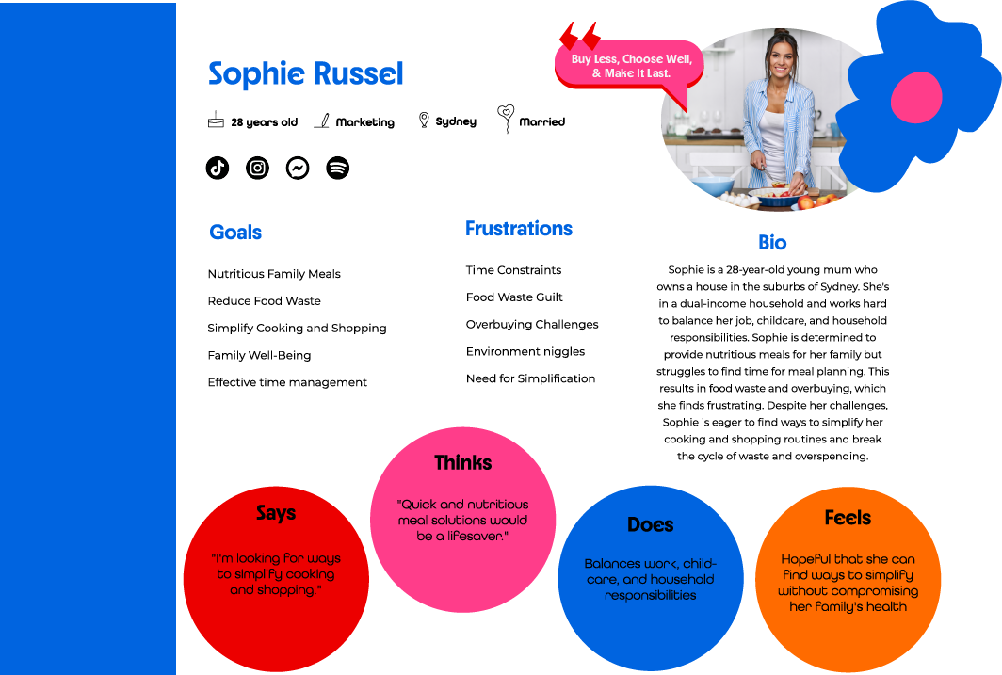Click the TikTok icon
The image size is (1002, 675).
coord(218,168)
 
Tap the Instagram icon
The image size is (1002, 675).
coord(257,168)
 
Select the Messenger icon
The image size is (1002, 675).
coord(298,168)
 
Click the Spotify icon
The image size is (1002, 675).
coord(337,168)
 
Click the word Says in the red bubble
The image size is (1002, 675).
coord(276,513)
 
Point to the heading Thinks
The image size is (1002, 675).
coord(462,462)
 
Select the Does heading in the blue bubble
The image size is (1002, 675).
coord(650,524)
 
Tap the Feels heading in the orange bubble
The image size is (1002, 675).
coord(848,517)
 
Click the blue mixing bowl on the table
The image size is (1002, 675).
coord(712,185)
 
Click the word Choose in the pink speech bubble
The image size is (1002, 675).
coord(648,59)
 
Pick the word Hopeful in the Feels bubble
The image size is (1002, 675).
coord(808,558)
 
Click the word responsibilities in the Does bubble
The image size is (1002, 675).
coord(650,595)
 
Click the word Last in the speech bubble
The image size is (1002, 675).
coord(656,73)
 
